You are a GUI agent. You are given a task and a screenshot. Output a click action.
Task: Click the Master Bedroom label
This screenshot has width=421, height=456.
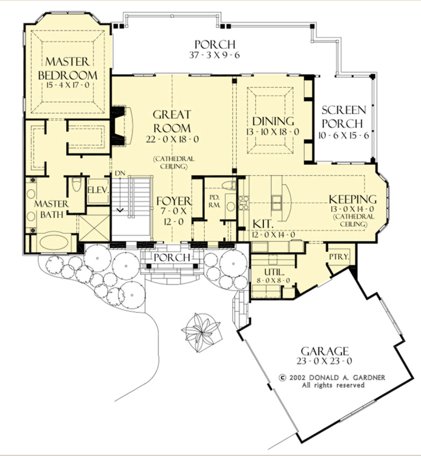tap(68, 68)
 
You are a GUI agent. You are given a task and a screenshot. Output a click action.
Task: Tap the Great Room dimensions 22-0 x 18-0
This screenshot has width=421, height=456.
tap(172, 139)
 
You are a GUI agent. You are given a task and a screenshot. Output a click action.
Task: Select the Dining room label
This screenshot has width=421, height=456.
tap(273, 121)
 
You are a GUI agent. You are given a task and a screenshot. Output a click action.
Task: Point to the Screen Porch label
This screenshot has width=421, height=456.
tap(343, 117)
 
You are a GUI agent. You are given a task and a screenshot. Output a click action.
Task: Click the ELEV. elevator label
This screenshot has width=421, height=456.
tap(98, 190)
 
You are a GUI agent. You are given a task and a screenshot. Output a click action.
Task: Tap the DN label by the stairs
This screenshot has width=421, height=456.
tap(120, 173)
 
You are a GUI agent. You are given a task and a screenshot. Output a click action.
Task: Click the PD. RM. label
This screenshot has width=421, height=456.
tap(215, 201)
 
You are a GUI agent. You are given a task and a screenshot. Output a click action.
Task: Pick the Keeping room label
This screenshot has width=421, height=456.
tap(353, 199)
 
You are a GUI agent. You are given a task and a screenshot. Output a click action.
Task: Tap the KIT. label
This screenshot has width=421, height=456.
tap(263, 224)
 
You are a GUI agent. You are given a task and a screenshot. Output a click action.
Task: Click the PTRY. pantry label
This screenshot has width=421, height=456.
tap(339, 257)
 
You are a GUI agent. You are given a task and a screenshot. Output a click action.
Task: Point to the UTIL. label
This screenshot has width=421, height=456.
tap(274, 272)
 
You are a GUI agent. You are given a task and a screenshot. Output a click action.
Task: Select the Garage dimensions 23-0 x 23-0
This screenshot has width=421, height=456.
tap(325, 361)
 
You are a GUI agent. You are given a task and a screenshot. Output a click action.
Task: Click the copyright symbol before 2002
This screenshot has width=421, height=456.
tap(283, 378)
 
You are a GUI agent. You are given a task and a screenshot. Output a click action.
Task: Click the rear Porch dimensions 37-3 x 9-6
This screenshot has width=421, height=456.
tap(214, 55)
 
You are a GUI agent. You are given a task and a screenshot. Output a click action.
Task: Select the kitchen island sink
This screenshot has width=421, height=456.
tap(276, 203)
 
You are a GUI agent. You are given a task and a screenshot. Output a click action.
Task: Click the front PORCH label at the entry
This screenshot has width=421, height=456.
tap(172, 258)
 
